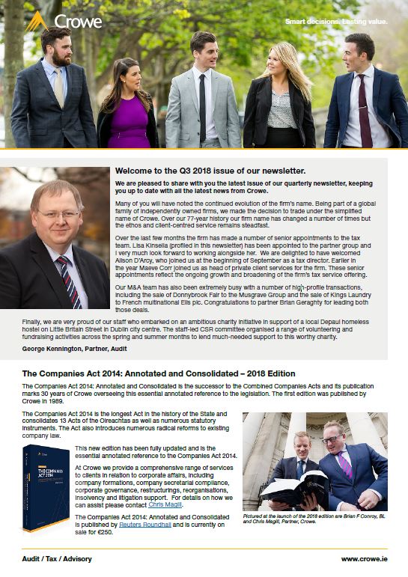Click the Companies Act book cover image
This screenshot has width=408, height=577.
tap(46, 486)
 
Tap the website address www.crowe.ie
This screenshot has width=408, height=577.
tap(364, 558)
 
